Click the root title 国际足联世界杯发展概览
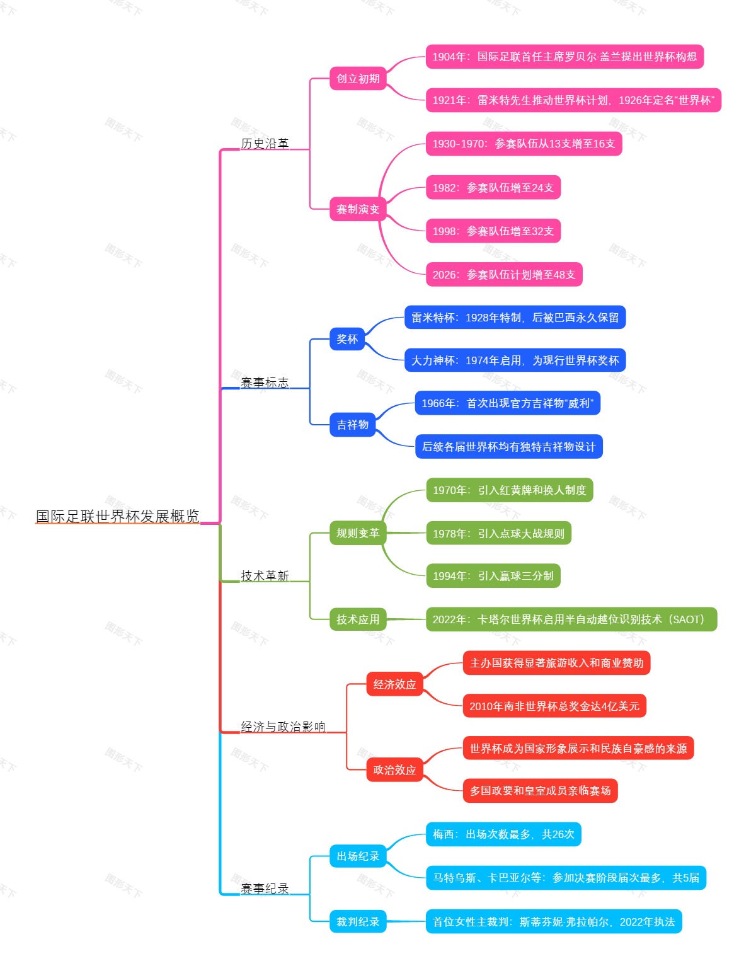point(117,517)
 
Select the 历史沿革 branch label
point(265,144)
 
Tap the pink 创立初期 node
point(358,79)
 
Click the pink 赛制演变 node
point(358,209)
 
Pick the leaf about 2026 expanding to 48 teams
point(504,275)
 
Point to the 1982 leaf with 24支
point(493,188)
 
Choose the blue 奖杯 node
point(347,339)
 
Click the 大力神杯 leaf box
point(515,360)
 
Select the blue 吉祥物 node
point(352,425)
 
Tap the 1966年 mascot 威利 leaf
point(507,403)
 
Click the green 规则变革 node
point(358,533)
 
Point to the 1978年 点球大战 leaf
point(498,534)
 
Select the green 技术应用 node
point(358,619)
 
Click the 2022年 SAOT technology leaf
point(571,619)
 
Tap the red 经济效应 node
point(394,684)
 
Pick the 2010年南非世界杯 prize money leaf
point(554,706)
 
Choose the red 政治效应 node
point(394,770)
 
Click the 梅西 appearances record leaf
point(503,834)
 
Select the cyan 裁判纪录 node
point(358,922)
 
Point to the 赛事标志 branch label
point(265,383)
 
